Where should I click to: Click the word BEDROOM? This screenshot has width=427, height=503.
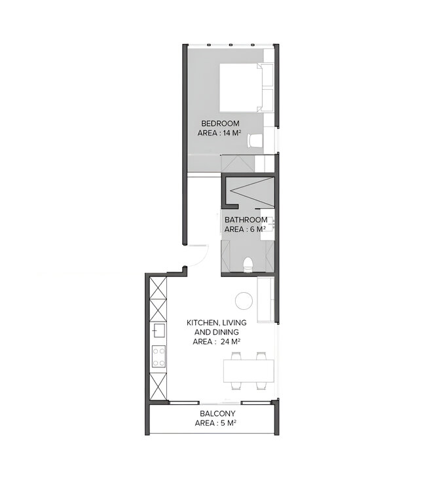pos(220,123)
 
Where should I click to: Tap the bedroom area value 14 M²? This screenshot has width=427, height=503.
pos(232,133)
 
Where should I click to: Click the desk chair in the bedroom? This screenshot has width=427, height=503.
pos(255,141)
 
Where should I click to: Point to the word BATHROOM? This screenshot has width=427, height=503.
pos(246,219)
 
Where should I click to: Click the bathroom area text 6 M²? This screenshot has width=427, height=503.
pos(255,229)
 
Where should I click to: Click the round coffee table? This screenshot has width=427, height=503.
pos(244,300)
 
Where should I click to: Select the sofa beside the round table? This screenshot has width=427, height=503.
pos(265,300)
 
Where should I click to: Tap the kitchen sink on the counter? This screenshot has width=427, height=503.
pos(158,331)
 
